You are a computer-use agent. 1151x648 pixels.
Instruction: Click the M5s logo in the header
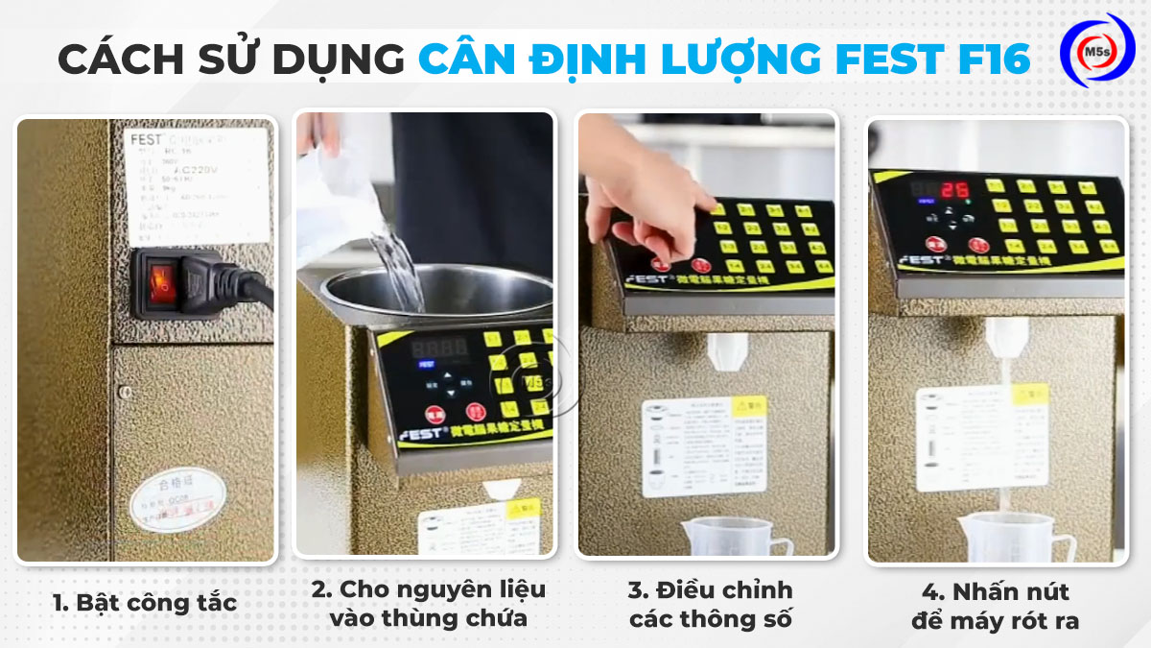click(x=1096, y=50)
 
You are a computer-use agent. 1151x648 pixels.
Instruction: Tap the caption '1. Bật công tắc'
click(x=144, y=603)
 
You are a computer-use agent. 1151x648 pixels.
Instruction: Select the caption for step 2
click(x=428, y=603)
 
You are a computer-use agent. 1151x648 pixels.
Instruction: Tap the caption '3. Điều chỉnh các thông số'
click(x=711, y=604)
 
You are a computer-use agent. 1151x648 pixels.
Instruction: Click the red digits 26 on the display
click(x=954, y=189)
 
